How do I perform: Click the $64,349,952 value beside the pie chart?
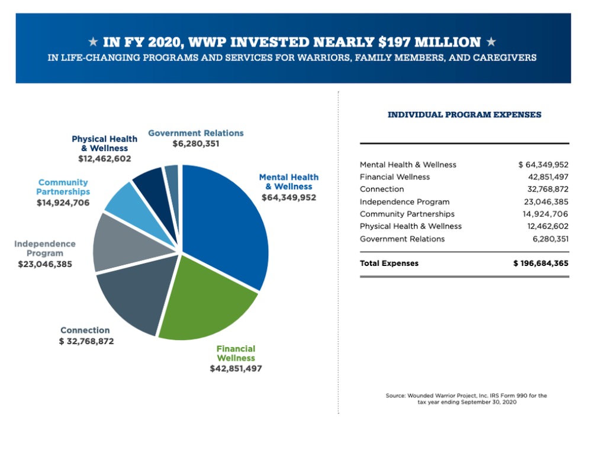289,197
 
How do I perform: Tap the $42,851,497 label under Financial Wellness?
236,368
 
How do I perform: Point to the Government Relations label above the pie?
195,133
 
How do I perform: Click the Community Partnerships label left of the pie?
63,187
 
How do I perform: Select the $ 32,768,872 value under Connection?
86,341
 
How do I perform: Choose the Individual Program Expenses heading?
464,115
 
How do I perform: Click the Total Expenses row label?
389,264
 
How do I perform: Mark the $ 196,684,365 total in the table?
540,264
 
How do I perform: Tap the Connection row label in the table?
382,190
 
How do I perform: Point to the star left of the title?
93,42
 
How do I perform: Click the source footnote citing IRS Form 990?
466,399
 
